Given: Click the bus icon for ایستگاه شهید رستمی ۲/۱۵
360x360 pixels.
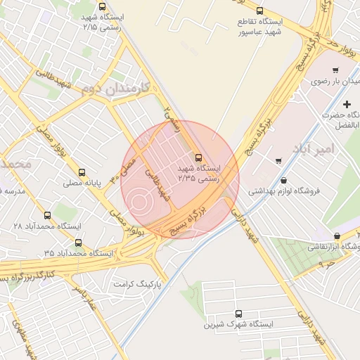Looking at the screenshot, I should (x=103, y=6).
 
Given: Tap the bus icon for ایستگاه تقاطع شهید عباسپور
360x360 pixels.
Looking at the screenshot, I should (x=260, y=11).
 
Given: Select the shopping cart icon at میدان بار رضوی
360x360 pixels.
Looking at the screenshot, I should (x=335, y=70).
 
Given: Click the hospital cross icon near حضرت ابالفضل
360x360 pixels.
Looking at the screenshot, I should (x=347, y=104).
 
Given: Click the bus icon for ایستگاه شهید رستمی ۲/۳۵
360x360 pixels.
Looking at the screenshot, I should (x=198, y=157).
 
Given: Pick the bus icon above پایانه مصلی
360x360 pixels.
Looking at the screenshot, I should (x=83, y=172).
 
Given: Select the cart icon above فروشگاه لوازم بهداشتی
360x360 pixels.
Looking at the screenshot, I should (x=279, y=161).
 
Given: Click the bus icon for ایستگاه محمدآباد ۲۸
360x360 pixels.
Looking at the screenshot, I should (x=48, y=215).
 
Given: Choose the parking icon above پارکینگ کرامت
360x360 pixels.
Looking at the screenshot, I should (x=157, y=271).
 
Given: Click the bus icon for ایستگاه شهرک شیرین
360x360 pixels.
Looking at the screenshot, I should (x=238, y=314).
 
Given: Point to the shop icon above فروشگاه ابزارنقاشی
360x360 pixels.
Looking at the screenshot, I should (x=337, y=236).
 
